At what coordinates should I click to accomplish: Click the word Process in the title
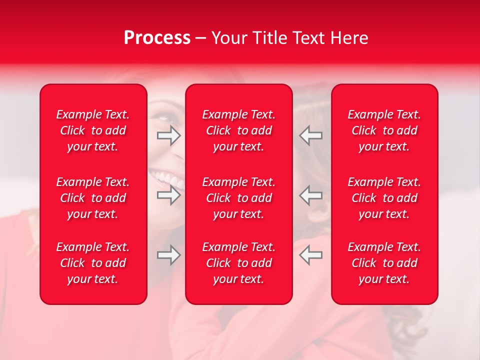157,38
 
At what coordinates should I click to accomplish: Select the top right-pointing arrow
168,135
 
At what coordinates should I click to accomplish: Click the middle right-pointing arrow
168,195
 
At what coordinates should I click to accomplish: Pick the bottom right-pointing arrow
168,255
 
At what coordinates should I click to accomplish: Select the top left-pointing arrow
310,135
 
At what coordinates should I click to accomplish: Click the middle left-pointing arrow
310,195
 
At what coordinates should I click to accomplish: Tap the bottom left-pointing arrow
310,255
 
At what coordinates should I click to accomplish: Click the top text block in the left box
93,130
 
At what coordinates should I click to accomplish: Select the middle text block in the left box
93,198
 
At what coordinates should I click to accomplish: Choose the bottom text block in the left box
93,263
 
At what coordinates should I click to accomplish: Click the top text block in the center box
238,130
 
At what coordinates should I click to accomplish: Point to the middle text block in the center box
238,198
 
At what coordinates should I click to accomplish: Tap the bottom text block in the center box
238,263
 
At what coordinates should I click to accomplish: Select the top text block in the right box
384,130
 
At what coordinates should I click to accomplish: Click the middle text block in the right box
384,198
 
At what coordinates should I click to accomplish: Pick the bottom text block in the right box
384,263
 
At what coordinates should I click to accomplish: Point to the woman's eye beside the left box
165,118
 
